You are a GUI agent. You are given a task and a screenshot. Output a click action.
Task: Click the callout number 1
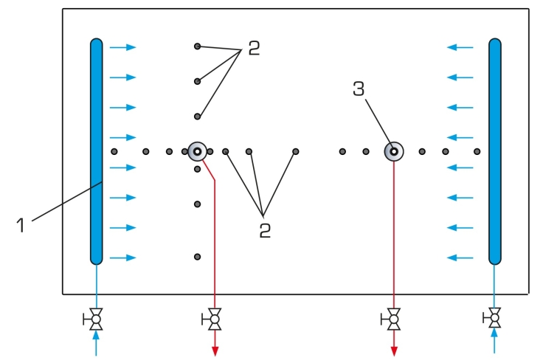21,225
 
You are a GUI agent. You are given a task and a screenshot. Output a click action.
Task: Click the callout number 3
359,89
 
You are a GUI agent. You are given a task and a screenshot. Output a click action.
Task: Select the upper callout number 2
254,48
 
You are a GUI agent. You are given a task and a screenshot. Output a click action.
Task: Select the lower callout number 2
265,230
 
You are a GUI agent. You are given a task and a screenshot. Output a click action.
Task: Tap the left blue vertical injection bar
96,151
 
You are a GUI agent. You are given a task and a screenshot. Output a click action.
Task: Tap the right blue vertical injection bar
495,151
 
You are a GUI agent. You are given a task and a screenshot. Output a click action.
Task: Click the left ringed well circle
197,152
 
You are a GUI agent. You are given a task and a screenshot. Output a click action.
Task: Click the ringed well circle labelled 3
394,152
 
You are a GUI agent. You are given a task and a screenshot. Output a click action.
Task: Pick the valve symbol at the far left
94,319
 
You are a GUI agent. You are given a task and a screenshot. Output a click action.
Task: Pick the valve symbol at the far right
493,318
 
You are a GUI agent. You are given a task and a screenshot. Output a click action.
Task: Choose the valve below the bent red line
212,319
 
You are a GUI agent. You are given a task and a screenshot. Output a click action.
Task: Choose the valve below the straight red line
391,319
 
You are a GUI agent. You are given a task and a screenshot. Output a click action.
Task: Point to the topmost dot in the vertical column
198,46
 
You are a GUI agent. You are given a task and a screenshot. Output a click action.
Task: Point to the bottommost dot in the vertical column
198,257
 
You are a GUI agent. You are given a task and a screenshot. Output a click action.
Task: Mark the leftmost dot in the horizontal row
114,152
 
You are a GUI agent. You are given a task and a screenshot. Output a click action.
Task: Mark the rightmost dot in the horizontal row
477,152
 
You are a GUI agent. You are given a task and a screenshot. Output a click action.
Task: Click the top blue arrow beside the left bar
123,47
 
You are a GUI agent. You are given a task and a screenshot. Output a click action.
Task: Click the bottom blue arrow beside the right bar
460,257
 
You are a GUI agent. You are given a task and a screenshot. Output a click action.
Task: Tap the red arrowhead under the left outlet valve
215,351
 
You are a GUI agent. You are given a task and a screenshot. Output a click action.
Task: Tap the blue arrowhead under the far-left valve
96,336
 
